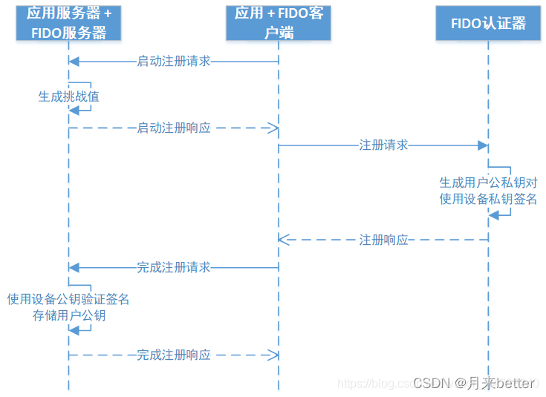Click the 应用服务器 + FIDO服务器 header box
coord(68,22)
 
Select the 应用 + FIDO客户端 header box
coord(279,22)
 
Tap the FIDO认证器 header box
coord(488,23)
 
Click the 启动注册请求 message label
coord(174,62)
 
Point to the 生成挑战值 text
coord(69,96)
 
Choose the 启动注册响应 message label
coord(174,128)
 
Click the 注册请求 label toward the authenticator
coord(383,145)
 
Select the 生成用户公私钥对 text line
coord(488,183)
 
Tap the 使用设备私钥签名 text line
coord(488,199)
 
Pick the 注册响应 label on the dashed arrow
coord(383,240)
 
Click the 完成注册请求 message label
coord(174,267)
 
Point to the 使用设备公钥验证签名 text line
coord(68,299)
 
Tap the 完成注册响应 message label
coord(174,355)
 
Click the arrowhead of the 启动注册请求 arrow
coord(73,62)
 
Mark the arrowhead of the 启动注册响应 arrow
coord(274,128)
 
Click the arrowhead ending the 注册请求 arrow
coord(484,145)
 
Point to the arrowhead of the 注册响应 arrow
coord(283,240)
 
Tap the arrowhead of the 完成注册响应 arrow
coord(274,355)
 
